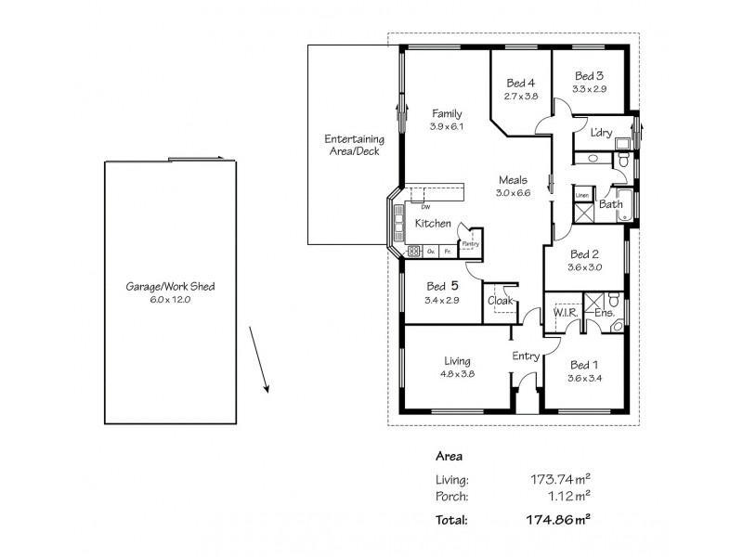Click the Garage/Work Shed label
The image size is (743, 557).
(x=170, y=287)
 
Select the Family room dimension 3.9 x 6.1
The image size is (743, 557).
(x=446, y=126)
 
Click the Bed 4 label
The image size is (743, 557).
(x=521, y=83)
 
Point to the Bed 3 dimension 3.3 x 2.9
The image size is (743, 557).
(x=590, y=89)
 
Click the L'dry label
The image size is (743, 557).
(x=601, y=133)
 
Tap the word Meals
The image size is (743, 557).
(x=513, y=180)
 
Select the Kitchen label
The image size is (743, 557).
(x=433, y=224)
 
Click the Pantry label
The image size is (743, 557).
(x=470, y=243)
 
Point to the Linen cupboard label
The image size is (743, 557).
(x=582, y=196)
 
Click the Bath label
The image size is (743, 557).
(x=610, y=204)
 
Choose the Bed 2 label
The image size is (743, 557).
(x=584, y=254)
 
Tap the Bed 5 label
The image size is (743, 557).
(x=442, y=286)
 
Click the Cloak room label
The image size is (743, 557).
(x=502, y=300)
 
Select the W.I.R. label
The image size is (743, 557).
(x=566, y=314)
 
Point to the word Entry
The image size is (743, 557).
(x=526, y=356)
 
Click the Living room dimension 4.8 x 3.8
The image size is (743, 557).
(x=457, y=374)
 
